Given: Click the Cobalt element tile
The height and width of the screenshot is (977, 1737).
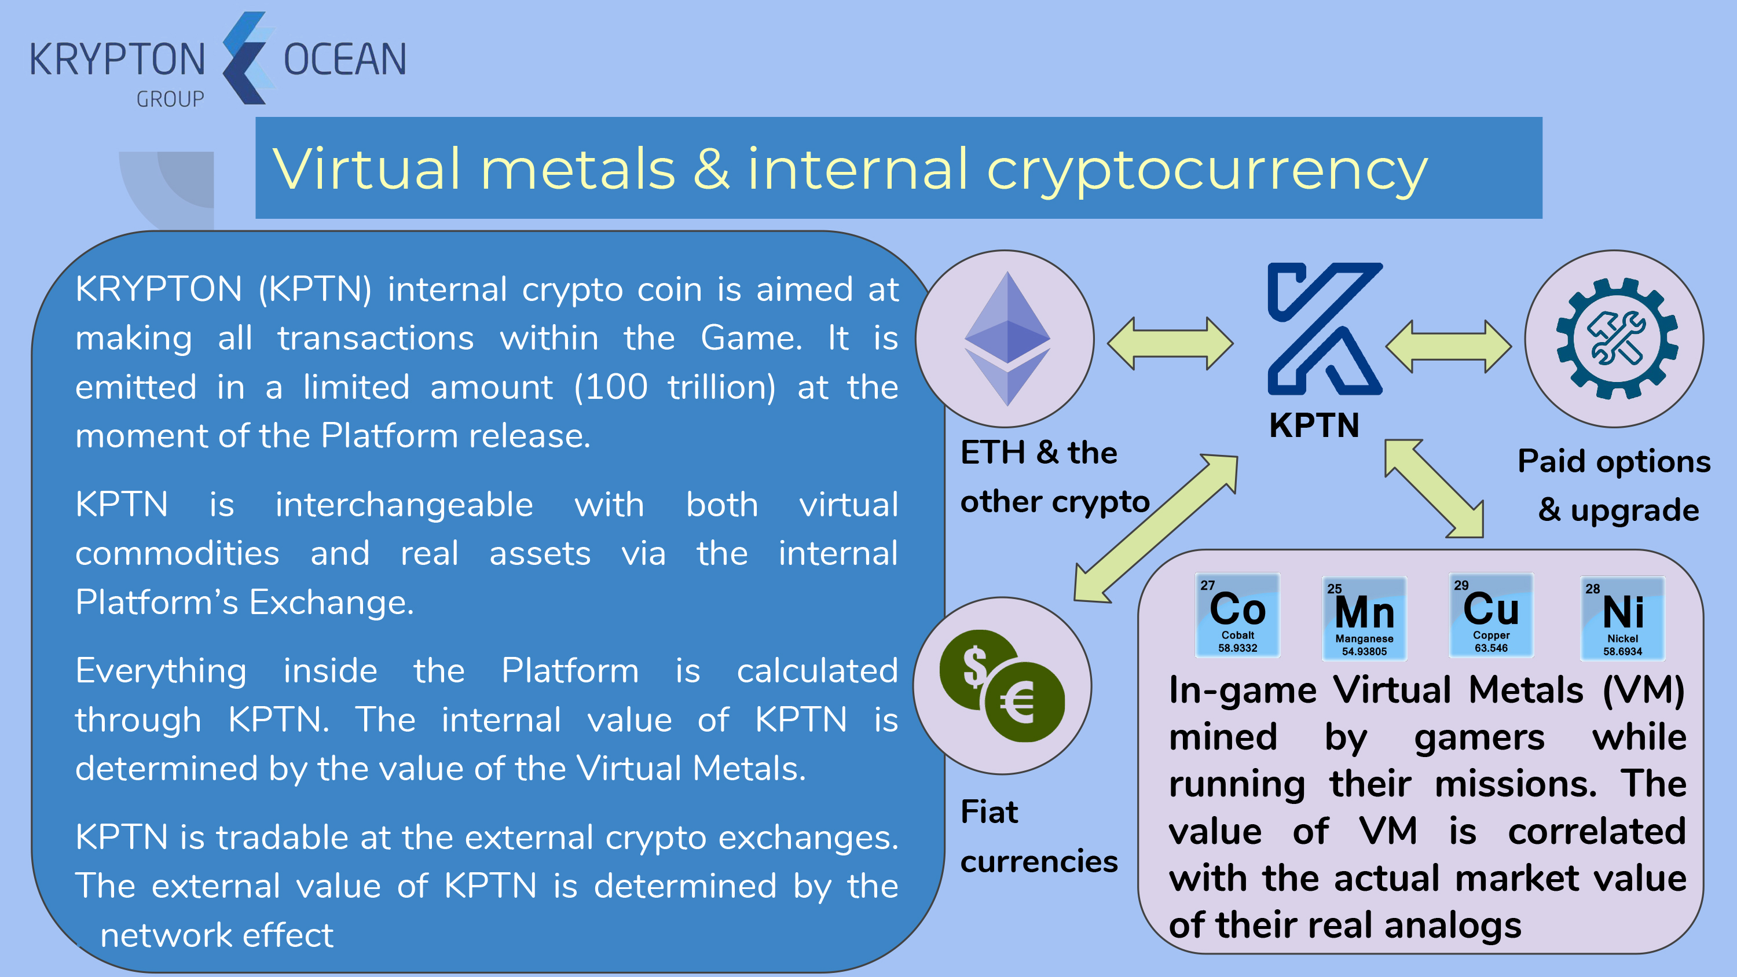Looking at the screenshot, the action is pos(1237,615).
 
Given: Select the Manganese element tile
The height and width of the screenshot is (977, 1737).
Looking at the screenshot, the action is pos(1364,618).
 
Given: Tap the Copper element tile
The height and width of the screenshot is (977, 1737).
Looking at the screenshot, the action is pos(1491,615).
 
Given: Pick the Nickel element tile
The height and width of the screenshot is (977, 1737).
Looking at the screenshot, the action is pos(1622,618).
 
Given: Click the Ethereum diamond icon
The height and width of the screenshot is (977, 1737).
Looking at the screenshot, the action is pos(1007,339).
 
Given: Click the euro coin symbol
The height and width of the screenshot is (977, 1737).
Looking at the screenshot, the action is pos(1024,701).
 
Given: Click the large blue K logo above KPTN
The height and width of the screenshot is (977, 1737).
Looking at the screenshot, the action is pos(1325,328).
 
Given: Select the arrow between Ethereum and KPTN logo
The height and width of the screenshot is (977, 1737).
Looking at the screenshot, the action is pos(1171,344).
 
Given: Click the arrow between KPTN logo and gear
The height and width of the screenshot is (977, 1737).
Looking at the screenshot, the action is pos(1449,347).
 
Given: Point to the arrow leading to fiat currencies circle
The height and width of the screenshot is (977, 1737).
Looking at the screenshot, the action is pos(1156,528).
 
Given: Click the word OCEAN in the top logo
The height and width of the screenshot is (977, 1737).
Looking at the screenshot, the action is pos(345,60).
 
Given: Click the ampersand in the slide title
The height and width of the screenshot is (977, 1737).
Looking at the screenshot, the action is pos(712,168).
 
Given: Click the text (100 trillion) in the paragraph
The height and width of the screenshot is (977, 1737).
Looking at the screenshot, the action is pos(675,387).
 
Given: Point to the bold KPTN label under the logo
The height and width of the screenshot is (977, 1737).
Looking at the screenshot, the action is pos(1314,425).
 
